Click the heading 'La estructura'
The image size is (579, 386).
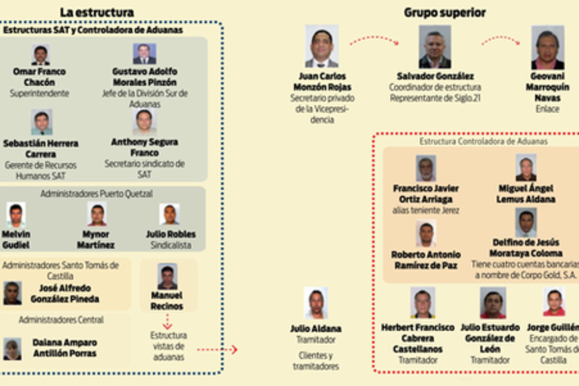click(x=97, y=12)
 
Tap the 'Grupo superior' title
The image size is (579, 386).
click(x=445, y=12)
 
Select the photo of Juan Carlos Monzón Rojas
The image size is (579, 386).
click(x=322, y=47)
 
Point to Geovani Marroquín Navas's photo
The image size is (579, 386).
click(x=548, y=47)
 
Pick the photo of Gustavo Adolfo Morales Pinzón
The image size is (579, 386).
click(x=144, y=54)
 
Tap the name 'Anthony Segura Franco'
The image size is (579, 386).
click(x=144, y=147)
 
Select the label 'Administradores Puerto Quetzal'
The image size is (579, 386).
click(x=97, y=193)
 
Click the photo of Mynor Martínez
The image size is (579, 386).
click(x=97, y=214)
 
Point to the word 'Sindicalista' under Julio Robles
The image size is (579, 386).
click(x=171, y=244)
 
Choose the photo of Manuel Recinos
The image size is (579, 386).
click(x=167, y=276)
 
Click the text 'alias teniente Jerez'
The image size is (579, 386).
click(x=426, y=210)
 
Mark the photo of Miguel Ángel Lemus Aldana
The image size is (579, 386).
click(x=526, y=167)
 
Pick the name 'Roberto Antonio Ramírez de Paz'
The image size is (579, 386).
click(x=426, y=260)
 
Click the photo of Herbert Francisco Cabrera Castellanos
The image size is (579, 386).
click(x=423, y=303)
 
